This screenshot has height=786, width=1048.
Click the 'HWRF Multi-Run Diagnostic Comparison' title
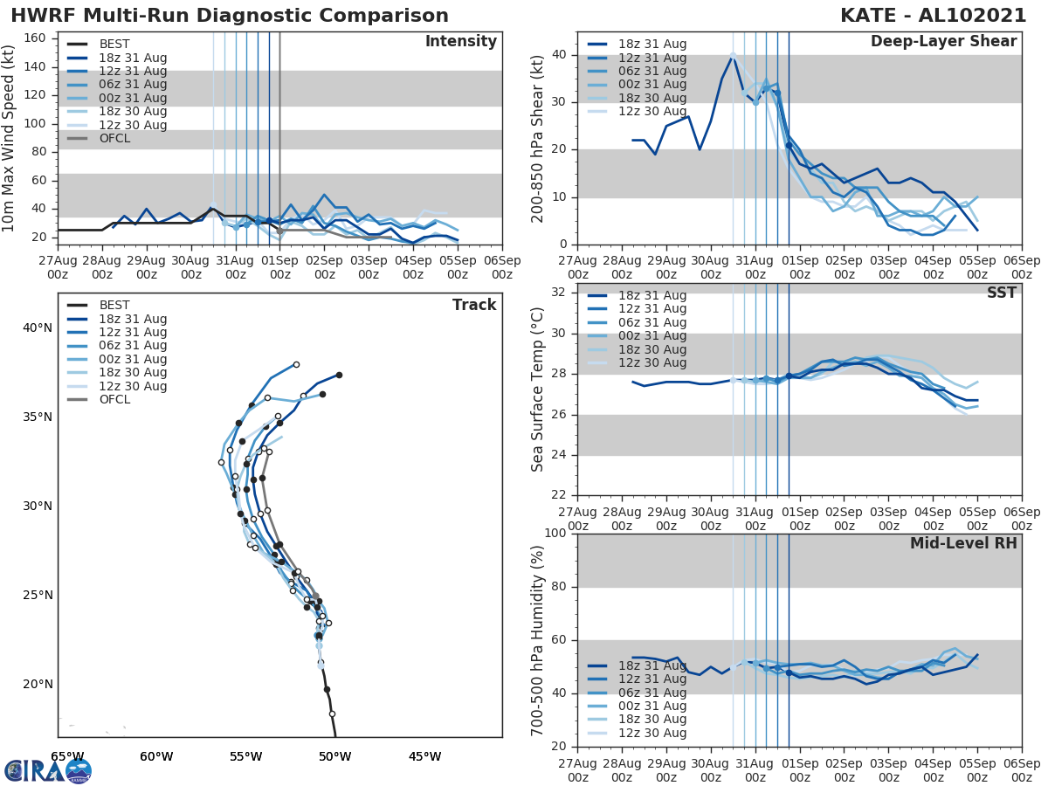[230, 16]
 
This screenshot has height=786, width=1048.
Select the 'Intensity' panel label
[460, 42]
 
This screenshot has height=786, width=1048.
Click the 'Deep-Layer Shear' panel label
[943, 42]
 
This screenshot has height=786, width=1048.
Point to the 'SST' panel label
[1001, 293]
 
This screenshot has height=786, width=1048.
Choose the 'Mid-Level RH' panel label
[963, 543]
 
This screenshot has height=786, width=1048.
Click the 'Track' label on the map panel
[474, 305]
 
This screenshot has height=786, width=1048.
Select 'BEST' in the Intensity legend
[114, 45]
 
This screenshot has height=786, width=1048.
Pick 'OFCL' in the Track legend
[114, 400]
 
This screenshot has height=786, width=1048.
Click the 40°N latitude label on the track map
[37, 328]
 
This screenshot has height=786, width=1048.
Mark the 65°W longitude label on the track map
[67, 756]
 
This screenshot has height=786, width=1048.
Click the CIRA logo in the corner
[48, 770]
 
